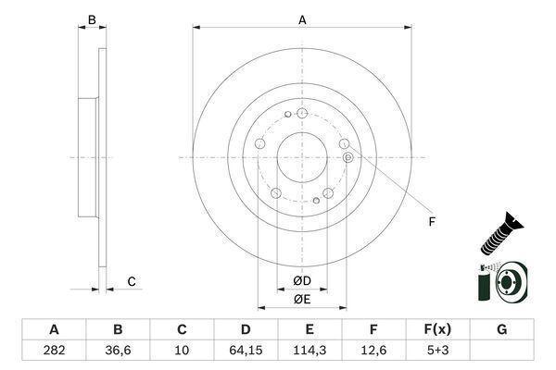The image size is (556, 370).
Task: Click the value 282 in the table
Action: [x=54, y=351]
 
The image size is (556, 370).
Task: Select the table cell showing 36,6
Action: [x=118, y=351]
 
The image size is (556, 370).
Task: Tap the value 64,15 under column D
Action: [x=246, y=351]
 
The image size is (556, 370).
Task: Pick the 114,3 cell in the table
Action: [x=310, y=351]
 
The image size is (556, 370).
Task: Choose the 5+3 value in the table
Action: [x=437, y=351]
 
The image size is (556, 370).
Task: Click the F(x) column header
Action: [x=437, y=329]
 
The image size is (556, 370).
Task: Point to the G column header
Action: [x=501, y=329]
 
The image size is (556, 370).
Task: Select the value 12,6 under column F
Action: [x=373, y=351]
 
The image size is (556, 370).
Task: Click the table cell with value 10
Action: [x=182, y=351]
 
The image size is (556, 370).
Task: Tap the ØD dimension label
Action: [x=302, y=281]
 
